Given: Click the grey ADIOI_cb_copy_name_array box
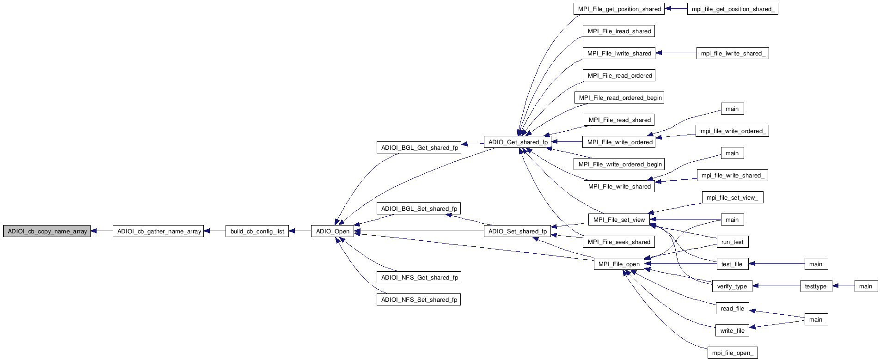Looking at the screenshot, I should pos(47,231).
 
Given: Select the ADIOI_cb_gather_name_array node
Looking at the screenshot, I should pos(159,231).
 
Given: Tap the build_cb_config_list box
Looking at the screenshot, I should pos(257,231).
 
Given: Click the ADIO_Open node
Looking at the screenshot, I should pos(332,231).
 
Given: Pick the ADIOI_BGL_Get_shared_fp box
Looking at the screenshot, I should pos(419,147).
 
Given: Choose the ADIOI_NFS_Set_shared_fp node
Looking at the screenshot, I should pos(419,299).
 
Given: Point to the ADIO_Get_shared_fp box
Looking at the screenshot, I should pos(518,142).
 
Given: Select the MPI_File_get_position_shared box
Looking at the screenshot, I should pos(619,9).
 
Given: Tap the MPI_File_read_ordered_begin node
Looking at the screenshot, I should pos(620,98).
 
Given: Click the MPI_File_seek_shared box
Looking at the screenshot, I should pos(619,242).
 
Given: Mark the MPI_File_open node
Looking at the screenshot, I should pos(619,264).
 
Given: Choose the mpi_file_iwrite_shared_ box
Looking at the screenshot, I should pos(733,53).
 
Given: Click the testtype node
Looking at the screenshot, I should pos(816,286).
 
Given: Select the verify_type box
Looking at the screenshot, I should pos(732,286).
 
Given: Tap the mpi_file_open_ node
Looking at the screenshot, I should pos(733,353).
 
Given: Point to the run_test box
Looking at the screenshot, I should pos(732,242).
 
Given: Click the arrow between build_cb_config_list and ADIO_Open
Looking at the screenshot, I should pos(300,231).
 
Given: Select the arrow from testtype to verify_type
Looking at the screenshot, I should pos(776,286).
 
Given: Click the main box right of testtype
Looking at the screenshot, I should pos(866,286).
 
